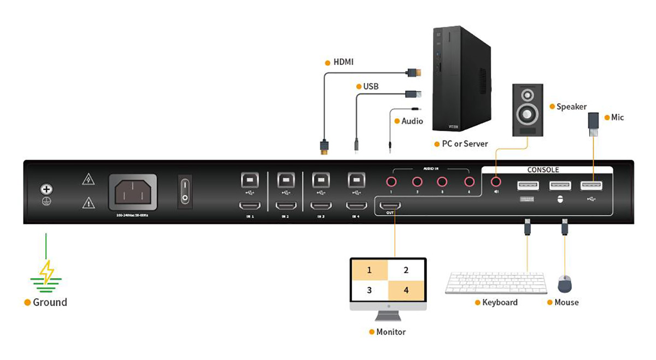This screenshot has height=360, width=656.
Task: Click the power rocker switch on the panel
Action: point(185,191)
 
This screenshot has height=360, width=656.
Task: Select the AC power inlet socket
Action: point(133,191)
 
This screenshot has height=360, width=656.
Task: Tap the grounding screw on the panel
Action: point(46,190)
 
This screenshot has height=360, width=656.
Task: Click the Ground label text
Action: point(50,302)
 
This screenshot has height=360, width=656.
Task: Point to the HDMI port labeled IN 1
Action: point(250,206)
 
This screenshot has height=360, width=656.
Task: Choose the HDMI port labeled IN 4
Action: point(356,206)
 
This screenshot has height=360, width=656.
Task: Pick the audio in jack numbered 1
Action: point(391,181)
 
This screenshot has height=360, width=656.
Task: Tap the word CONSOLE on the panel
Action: point(543,170)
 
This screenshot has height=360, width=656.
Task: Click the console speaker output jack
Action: point(496,181)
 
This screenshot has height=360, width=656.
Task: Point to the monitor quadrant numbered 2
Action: point(406,270)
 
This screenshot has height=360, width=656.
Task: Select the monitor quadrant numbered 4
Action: point(406,290)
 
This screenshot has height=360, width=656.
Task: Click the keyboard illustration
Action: point(496,283)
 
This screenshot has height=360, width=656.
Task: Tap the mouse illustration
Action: point(564,284)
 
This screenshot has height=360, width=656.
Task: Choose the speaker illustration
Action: point(528,110)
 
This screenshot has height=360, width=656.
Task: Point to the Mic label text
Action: point(617,117)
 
